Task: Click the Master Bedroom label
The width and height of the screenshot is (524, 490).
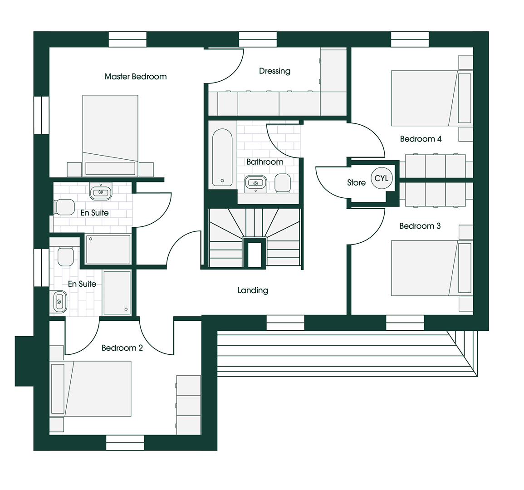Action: [135, 77]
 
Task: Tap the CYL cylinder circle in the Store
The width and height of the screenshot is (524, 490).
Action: [381, 178]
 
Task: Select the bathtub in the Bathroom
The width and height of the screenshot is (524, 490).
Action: [222, 157]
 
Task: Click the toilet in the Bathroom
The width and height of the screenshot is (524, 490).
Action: [283, 183]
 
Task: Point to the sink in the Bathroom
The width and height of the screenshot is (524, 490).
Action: [256, 183]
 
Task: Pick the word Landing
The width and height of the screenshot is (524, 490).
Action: [253, 290]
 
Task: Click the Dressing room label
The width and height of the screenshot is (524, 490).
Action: [274, 71]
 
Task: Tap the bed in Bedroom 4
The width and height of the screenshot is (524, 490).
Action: [431, 98]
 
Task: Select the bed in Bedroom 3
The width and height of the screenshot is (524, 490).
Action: [431, 268]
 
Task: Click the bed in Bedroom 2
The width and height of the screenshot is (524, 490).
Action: [90, 389]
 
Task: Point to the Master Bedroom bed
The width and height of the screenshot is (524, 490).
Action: [110, 135]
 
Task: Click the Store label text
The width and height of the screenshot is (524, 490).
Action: [356, 182]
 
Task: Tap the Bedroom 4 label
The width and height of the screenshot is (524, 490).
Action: [421, 139]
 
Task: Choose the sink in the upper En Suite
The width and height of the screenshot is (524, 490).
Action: [101, 191]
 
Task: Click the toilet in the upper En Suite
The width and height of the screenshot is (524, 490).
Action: [64, 207]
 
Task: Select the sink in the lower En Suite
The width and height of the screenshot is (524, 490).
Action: [59, 302]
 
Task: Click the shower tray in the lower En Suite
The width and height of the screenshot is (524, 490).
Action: [117, 293]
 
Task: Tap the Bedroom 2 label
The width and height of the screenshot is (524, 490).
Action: [122, 348]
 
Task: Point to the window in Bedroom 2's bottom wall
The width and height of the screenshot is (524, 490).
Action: [125, 442]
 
